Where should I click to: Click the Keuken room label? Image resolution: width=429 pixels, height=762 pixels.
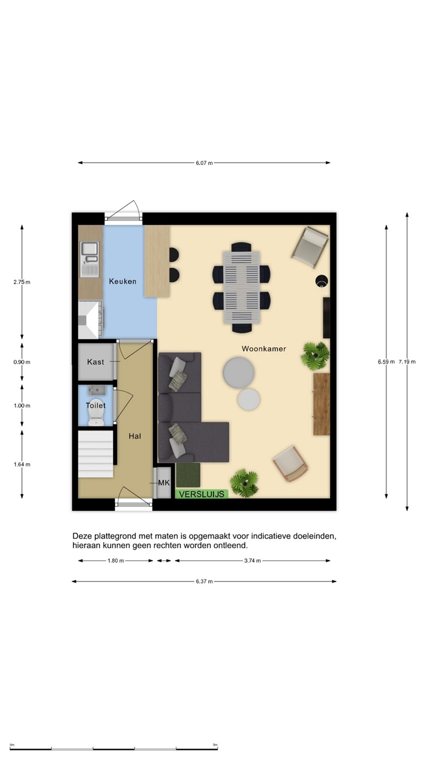pyautogui.click(x=122, y=282)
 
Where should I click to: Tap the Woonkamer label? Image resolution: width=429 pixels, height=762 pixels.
pyautogui.click(x=264, y=349)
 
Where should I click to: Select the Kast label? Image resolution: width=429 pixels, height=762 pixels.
pyautogui.click(x=96, y=361)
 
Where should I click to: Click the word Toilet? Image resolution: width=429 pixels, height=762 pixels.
pyautogui.click(x=96, y=405)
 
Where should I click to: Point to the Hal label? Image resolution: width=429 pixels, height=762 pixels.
pyautogui.click(x=135, y=436)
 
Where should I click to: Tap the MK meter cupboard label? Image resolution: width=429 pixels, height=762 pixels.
pyautogui.click(x=164, y=483)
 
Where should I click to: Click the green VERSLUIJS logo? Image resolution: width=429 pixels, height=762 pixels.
pyautogui.click(x=202, y=494)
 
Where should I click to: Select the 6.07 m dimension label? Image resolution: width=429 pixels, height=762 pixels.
pyautogui.click(x=204, y=163)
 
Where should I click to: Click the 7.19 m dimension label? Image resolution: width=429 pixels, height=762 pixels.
pyautogui.click(x=407, y=361)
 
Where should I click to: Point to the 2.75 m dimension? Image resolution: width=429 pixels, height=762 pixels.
pyautogui.click(x=22, y=282)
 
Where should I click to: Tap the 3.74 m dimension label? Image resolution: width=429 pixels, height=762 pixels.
pyautogui.click(x=253, y=560)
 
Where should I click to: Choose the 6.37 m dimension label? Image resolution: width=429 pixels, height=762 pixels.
pyautogui.click(x=204, y=582)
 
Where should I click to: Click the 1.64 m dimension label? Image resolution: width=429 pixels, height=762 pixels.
pyautogui.click(x=22, y=465)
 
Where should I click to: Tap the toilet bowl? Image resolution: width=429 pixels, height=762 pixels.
pyautogui.click(x=96, y=412)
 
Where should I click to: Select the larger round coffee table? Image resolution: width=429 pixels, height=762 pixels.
pyautogui.click(x=238, y=373)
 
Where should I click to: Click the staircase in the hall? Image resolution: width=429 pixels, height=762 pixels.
pyautogui.click(x=96, y=454)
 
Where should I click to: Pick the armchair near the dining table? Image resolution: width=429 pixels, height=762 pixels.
pyautogui.click(x=310, y=247)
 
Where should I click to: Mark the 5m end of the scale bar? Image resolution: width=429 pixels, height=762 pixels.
pyautogui.click(x=217, y=749)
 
